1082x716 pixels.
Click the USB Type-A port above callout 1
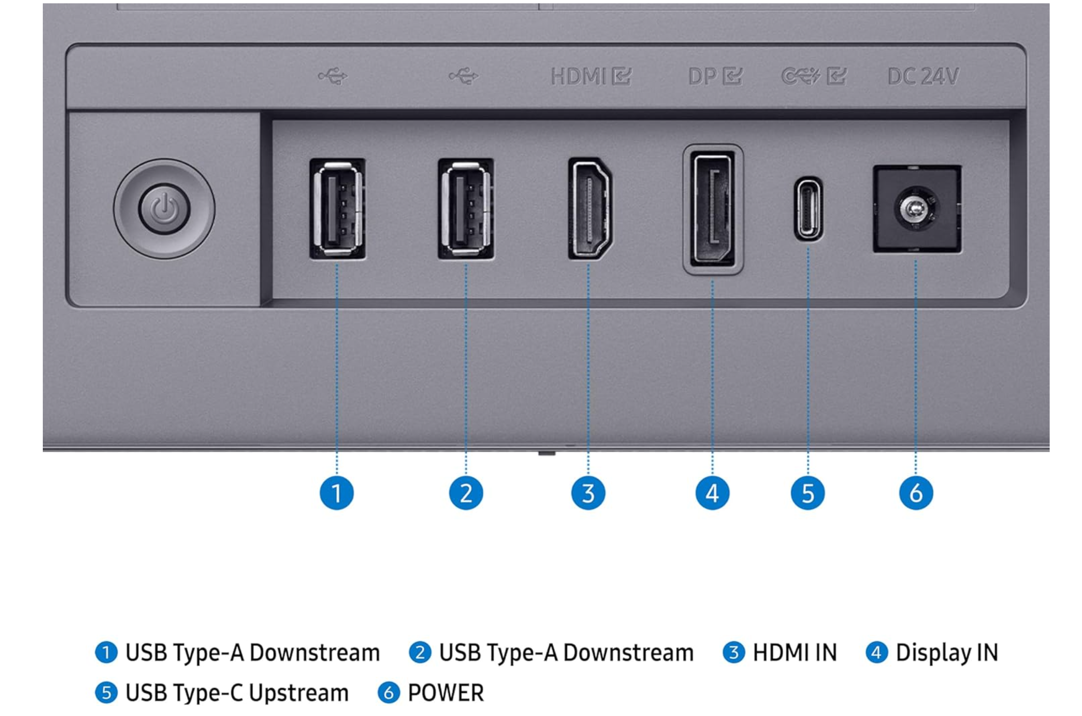337,208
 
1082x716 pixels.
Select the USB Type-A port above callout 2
466,208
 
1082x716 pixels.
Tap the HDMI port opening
590,208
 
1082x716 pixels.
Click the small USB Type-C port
808,209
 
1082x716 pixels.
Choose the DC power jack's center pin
914,208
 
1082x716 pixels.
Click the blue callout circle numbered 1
337,493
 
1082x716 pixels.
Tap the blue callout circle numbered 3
588,493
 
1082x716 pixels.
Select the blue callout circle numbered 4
712,493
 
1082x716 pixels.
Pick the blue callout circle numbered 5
808,493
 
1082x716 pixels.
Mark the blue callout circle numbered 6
916,493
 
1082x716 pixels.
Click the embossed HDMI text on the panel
578,76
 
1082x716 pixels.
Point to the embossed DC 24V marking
923,76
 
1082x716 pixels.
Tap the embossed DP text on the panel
702,76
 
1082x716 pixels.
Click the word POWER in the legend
446,693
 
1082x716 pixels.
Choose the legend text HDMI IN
795,652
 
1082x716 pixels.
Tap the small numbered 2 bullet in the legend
420,652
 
